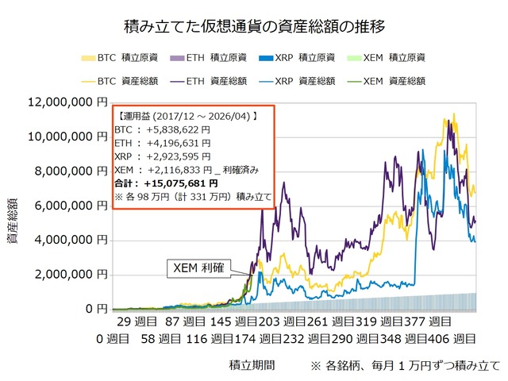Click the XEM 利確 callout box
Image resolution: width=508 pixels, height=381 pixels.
[x=198, y=268]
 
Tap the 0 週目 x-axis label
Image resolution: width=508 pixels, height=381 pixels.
[x=114, y=339]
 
